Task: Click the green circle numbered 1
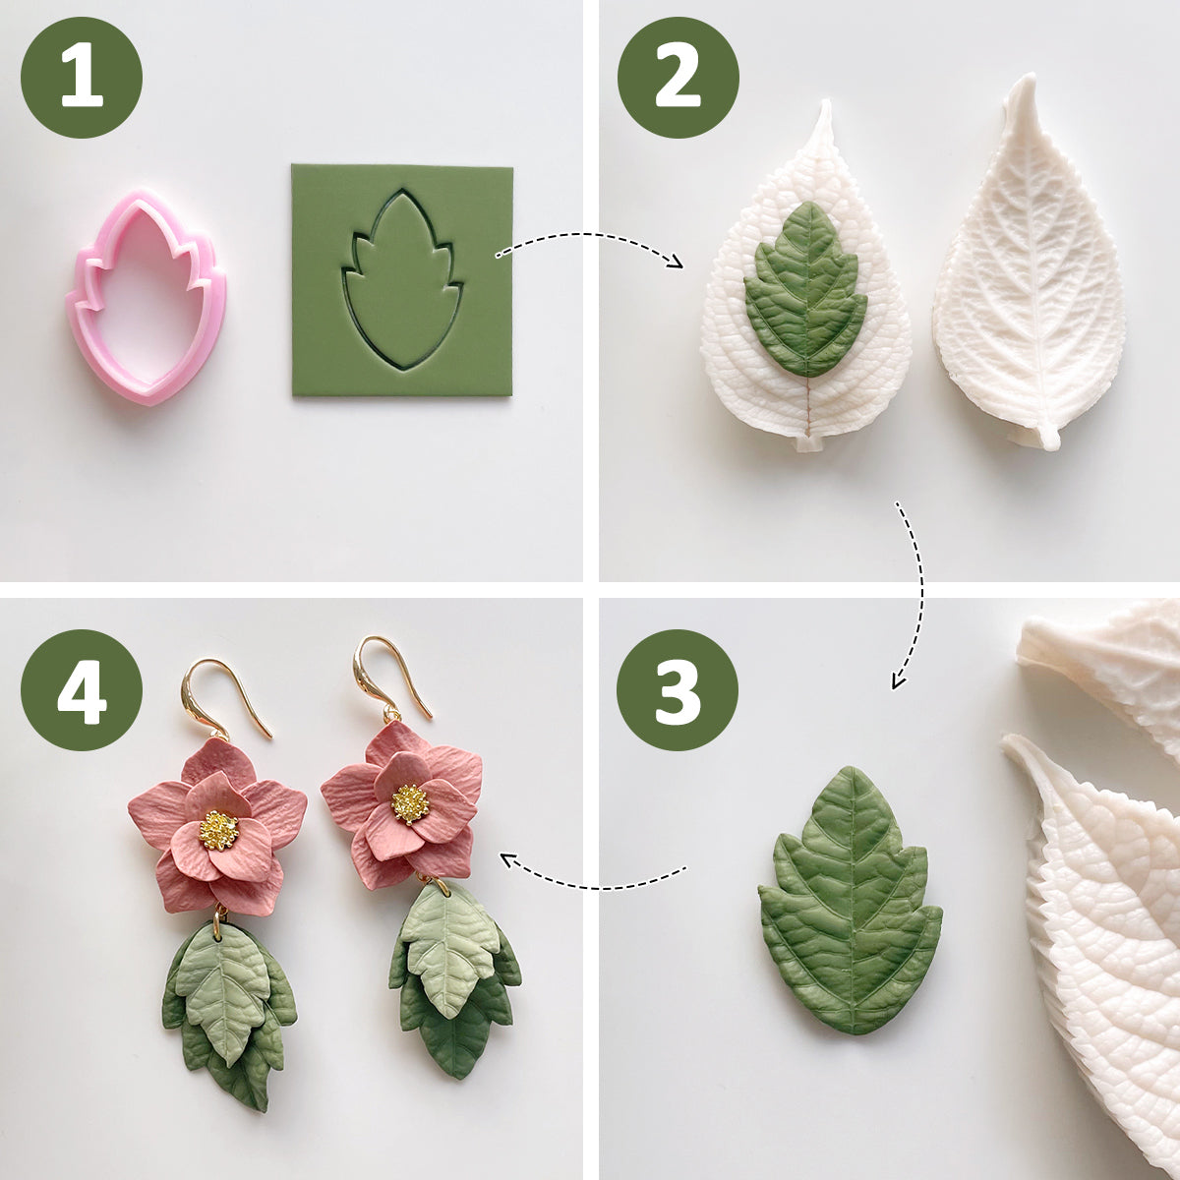(x=82, y=77)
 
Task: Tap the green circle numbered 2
(x=678, y=77)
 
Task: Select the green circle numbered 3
(x=678, y=690)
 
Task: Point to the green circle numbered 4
(x=82, y=690)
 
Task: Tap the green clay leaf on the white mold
(x=806, y=289)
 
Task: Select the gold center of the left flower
(x=218, y=831)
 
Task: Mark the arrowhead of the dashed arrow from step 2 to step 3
(x=897, y=681)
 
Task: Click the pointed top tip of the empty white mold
(x=1030, y=76)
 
